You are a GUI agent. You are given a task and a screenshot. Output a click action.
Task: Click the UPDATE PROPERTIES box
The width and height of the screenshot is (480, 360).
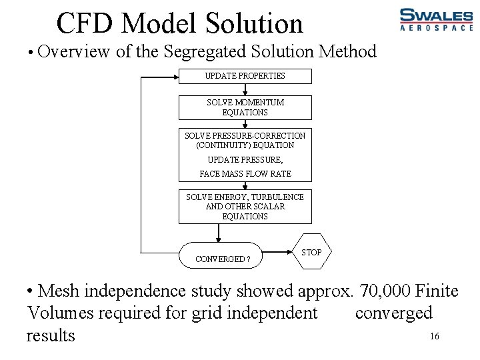(x=245, y=76)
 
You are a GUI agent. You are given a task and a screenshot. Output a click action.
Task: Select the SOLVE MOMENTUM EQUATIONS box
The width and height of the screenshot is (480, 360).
(x=245, y=107)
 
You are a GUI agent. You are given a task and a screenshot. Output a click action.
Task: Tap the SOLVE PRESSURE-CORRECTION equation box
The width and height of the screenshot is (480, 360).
(x=245, y=140)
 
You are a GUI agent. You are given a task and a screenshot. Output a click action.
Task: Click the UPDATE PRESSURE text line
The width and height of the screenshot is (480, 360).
(x=245, y=160)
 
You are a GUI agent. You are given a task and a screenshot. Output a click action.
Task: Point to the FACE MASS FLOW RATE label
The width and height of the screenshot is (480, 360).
(x=245, y=174)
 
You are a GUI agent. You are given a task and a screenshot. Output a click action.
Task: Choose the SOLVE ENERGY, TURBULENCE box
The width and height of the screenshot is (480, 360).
(x=245, y=207)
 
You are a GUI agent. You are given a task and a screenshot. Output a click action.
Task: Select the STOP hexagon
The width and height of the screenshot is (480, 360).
(x=311, y=252)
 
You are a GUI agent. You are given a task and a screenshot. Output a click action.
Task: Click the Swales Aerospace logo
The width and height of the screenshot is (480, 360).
(x=435, y=19)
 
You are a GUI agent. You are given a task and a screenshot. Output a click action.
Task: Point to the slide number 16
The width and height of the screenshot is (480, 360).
(x=434, y=337)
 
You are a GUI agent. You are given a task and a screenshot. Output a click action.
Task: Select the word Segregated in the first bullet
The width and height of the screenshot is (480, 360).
(x=207, y=51)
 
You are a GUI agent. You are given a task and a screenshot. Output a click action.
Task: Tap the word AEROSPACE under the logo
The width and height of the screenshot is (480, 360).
(x=435, y=28)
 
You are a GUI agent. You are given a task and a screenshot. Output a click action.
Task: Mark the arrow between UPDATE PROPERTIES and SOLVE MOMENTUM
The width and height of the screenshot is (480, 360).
(x=245, y=89)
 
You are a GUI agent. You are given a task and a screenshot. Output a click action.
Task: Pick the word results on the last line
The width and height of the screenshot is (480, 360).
(x=51, y=335)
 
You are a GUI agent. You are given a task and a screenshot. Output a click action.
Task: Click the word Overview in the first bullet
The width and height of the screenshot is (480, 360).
(x=74, y=51)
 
